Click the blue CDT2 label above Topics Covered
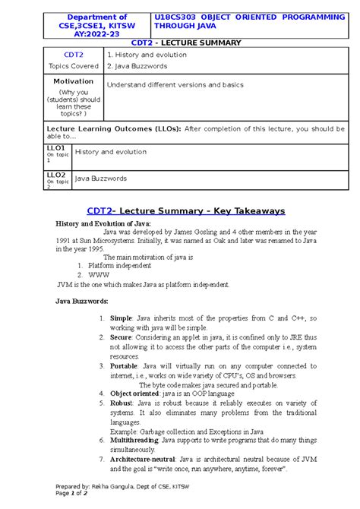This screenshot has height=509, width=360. (73, 55)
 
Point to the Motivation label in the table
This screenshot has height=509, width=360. (74, 81)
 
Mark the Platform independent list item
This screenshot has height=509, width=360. (125, 266)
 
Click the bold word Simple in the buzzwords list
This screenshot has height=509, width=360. (121, 319)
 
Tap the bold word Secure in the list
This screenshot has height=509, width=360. (122, 337)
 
